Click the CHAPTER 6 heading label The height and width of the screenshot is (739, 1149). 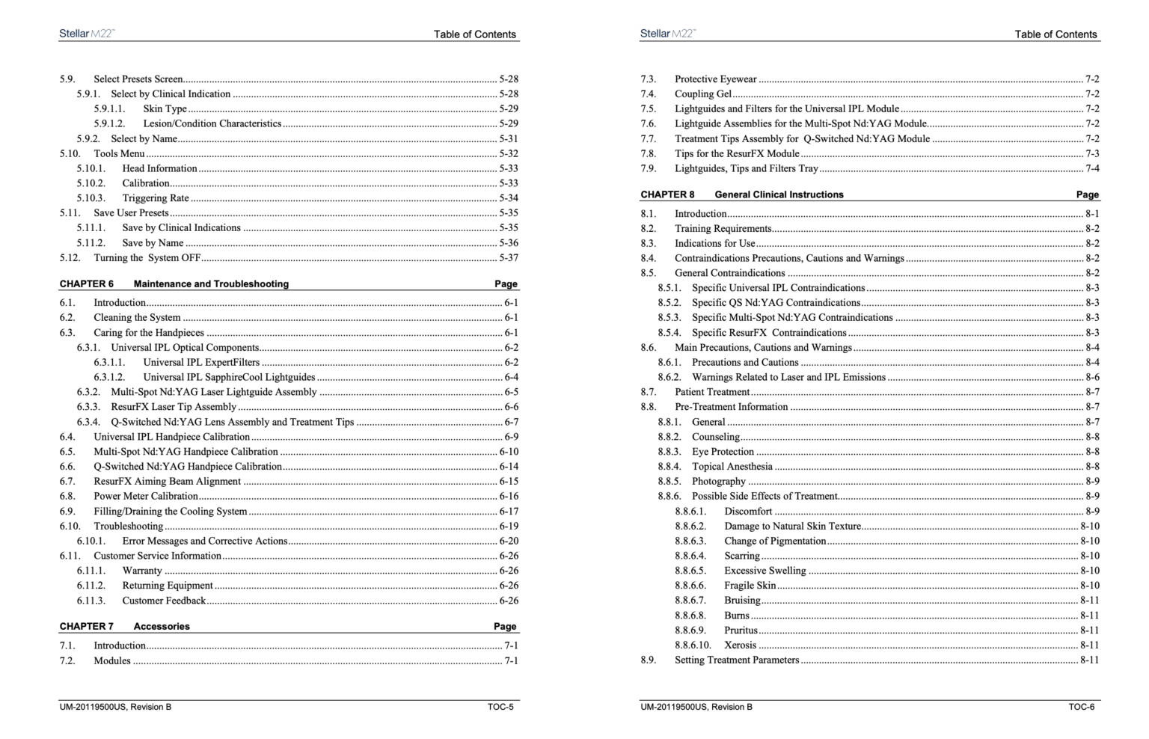pos(87,284)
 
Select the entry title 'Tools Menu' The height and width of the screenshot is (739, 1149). pos(119,153)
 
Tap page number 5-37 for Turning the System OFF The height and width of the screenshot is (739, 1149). pos(509,258)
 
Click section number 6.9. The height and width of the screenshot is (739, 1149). pos(67,512)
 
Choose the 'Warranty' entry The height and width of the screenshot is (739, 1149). pos(142,571)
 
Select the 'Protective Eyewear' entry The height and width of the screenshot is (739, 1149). pos(715,79)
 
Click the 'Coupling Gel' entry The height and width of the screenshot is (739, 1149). pos(703,94)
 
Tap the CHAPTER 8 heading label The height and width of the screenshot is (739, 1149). pos(667,194)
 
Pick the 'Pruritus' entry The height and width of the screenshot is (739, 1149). pos(741,631)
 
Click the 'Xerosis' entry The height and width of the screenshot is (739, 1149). pos(740,646)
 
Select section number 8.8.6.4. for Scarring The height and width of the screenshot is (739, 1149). pos(690,556)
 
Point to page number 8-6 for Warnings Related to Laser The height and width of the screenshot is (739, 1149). pos(1092,378)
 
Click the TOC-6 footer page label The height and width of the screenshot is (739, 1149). pos(1081,707)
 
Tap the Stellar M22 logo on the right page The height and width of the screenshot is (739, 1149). pos(667,34)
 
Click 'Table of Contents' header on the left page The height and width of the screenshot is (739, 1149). pos(474,34)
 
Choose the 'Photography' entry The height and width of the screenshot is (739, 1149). pos(718,482)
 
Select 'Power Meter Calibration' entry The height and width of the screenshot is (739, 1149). pos(146,497)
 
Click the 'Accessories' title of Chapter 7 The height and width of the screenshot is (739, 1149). pos(162,627)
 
